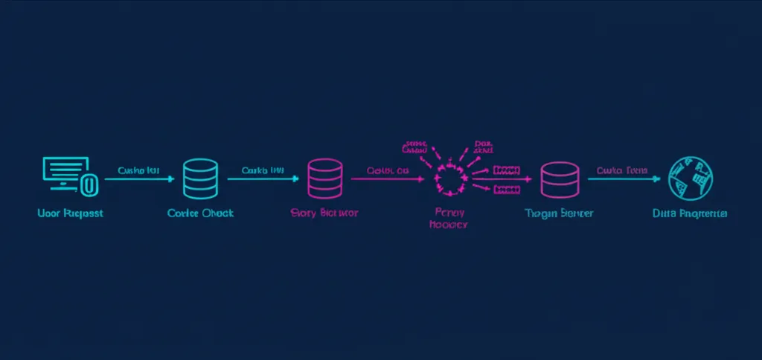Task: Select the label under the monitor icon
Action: pyautogui.click(x=69, y=213)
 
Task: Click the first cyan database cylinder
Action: pyautogui.click(x=200, y=178)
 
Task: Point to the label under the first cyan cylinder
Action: pyautogui.click(x=200, y=213)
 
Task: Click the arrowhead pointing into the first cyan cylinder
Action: pyautogui.click(x=170, y=179)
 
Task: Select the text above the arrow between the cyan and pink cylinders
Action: pyautogui.click(x=263, y=170)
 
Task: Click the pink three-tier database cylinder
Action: pyautogui.click(x=324, y=179)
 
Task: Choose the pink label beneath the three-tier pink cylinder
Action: pyautogui.click(x=324, y=213)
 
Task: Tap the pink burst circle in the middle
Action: pyautogui.click(x=449, y=179)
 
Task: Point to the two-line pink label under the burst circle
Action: pyautogui.click(x=448, y=219)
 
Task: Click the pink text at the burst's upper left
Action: pyautogui.click(x=414, y=146)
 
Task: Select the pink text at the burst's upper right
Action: pyautogui.click(x=483, y=146)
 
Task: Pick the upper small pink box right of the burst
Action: pyautogui.click(x=506, y=170)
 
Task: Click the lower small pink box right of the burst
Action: pyautogui.click(x=506, y=190)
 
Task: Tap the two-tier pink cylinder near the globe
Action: pyautogui.click(x=559, y=179)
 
